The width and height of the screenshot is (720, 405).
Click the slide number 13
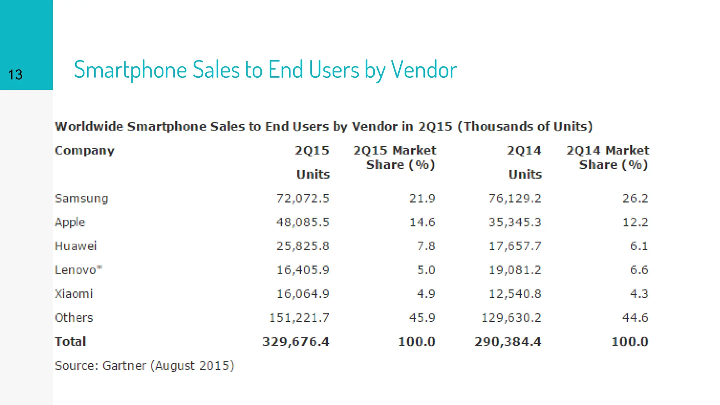[15, 75]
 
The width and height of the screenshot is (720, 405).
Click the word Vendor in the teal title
[424, 70]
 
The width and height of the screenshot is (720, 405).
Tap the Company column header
[84, 150]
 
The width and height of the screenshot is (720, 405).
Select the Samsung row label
[82, 199]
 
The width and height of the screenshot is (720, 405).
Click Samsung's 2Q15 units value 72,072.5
[303, 199]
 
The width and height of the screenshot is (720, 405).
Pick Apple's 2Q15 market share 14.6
[422, 223]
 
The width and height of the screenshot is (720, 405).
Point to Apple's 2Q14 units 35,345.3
[515, 223]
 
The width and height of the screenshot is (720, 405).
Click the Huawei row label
[76, 246]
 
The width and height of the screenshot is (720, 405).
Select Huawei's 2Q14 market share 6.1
[639, 246]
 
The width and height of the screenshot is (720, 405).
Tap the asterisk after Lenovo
[99, 268]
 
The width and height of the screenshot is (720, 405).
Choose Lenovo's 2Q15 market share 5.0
[426, 270]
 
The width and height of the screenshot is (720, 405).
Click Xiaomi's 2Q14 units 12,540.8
[515, 294]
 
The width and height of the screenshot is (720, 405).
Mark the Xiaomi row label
[74, 294]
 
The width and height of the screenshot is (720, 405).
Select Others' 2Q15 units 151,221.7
[299, 318]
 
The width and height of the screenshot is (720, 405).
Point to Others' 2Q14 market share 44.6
[635, 318]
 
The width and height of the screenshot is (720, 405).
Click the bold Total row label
[70, 342]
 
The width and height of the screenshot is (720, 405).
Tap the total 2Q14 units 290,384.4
[508, 342]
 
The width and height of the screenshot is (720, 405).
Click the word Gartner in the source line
[124, 366]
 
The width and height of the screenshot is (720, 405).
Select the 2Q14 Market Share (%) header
[608, 157]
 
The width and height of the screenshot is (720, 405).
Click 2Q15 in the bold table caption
[435, 127]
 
